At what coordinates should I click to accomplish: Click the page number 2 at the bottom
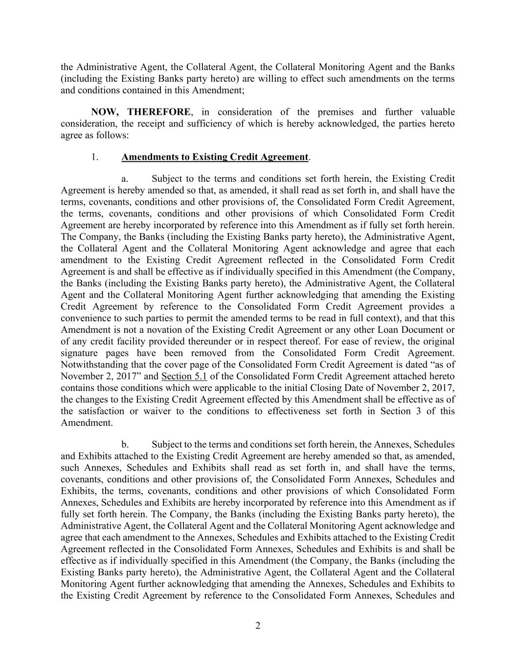click(x=258, y=626)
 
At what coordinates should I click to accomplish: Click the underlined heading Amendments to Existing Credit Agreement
click(x=215, y=157)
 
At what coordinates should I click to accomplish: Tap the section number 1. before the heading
click(x=95, y=157)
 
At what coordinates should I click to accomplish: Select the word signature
click(x=80, y=353)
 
